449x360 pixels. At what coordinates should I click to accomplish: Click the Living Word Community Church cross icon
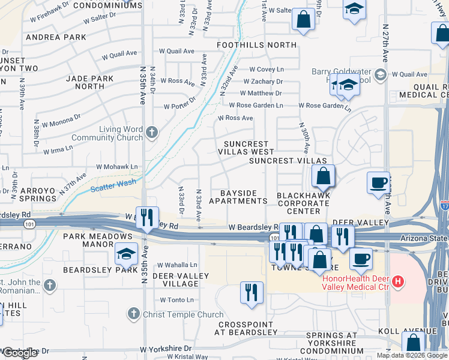(152, 133)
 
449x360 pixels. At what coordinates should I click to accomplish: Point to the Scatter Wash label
(110, 187)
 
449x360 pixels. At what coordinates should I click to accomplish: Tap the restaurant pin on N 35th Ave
(147, 217)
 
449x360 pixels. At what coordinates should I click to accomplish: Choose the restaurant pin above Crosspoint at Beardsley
(252, 292)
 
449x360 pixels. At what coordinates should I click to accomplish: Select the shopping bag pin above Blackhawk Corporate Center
(323, 176)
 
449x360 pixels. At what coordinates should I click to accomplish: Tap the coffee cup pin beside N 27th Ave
(378, 182)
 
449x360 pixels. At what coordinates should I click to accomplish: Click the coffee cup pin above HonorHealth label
(360, 259)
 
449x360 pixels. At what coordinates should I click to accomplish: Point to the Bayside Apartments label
(238, 197)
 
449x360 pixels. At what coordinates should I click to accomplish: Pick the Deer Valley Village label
(180, 280)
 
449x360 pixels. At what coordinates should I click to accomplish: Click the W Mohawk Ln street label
(117, 167)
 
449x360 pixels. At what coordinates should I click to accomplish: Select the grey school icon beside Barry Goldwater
(379, 75)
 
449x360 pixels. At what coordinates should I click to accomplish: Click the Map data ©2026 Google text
(412, 355)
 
